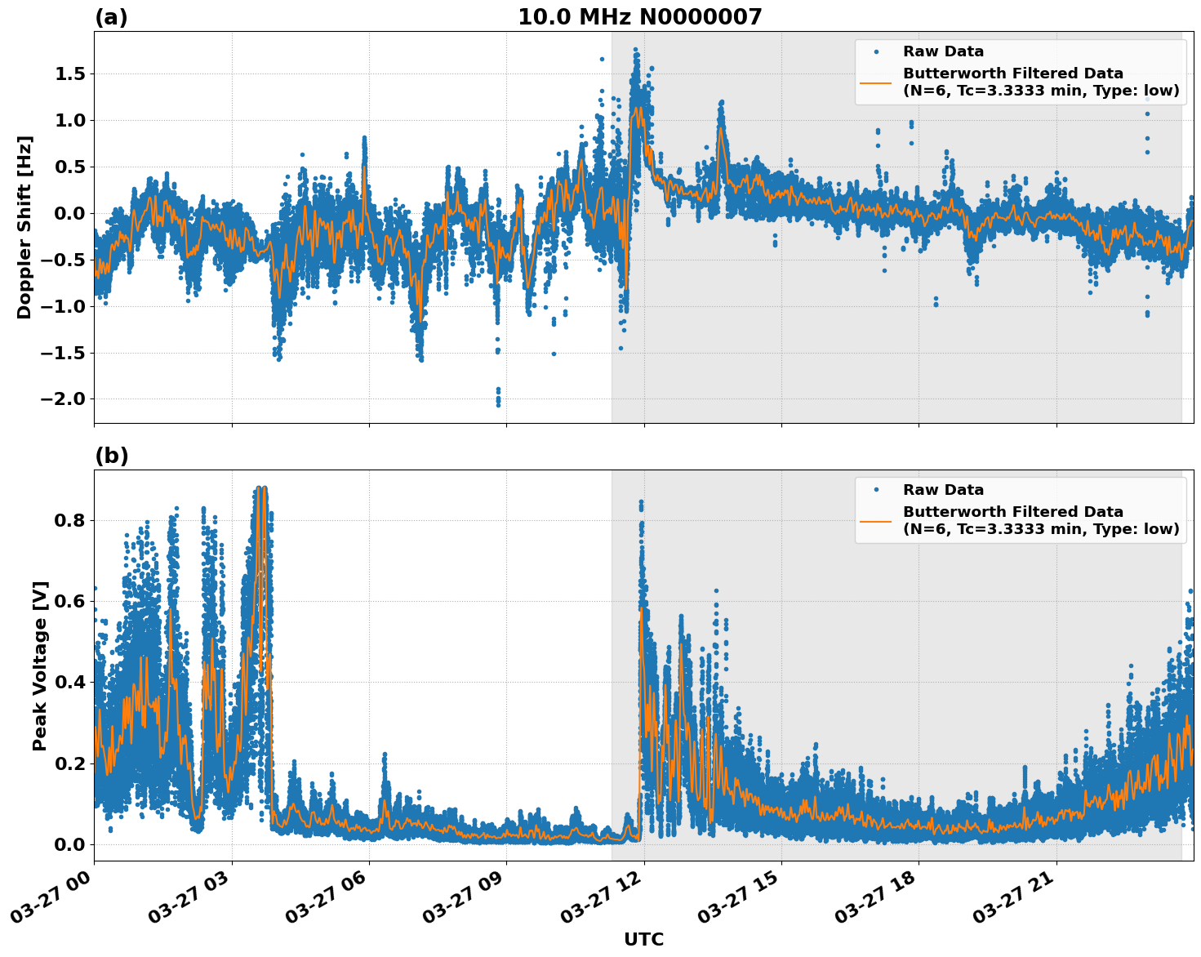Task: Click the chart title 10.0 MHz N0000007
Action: pos(639,17)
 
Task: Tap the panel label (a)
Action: pos(111,17)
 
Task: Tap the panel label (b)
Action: pos(111,456)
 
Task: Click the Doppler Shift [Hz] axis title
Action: pos(24,227)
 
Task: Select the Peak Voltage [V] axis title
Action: pos(40,665)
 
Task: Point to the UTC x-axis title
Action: pos(643,939)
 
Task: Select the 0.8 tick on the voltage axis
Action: pos(69,520)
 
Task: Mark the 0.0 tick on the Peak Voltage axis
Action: pos(69,844)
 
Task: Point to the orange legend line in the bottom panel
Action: pos(875,520)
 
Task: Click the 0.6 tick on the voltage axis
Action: pos(69,601)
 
